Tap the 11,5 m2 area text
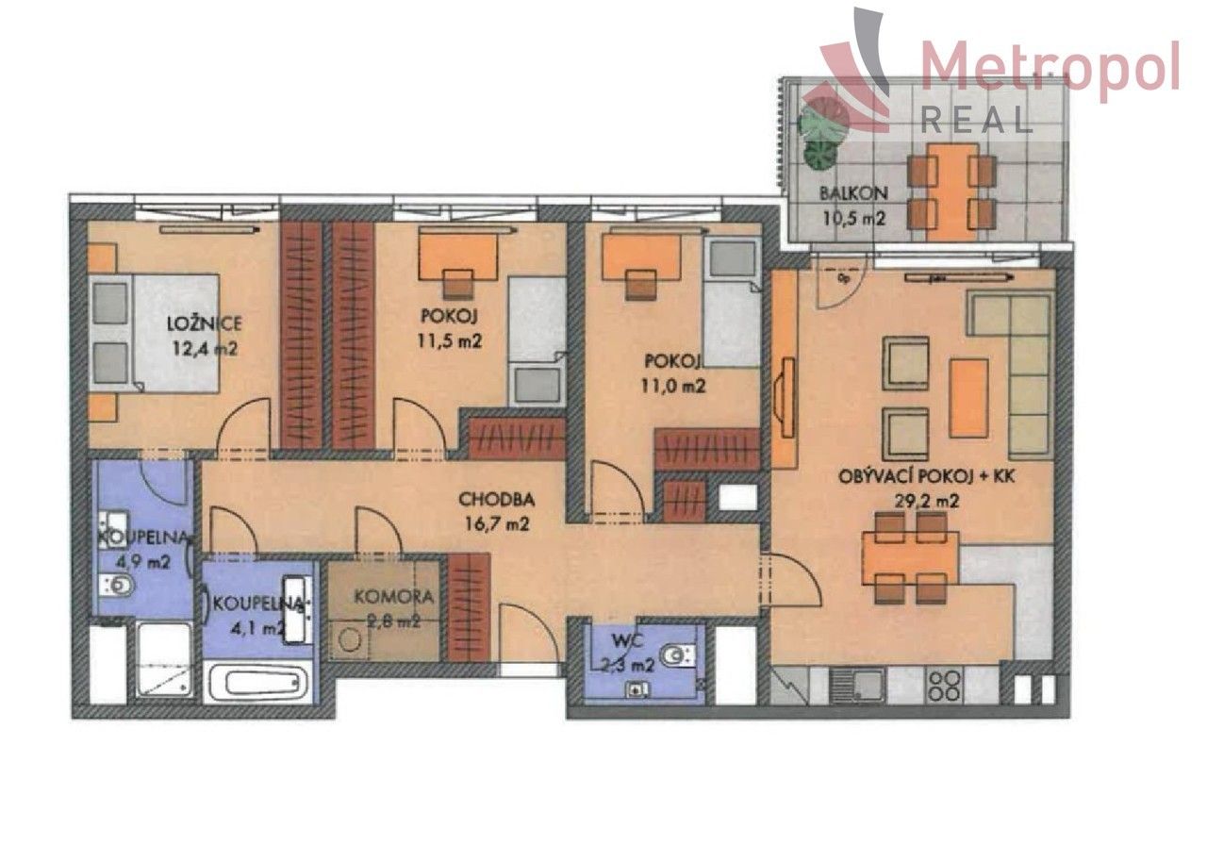point(450,341)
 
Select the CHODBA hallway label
point(496,499)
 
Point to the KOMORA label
point(394,596)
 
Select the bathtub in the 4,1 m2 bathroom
point(259,679)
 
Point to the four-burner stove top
point(944,684)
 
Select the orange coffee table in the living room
point(968,397)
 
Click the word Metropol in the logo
point(1049,68)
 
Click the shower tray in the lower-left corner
point(164,661)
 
